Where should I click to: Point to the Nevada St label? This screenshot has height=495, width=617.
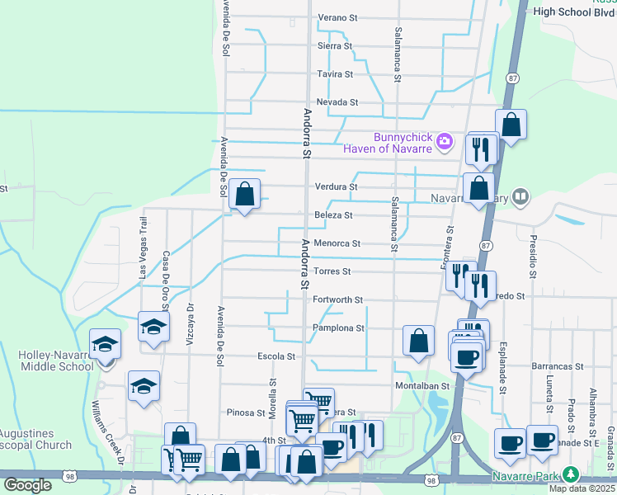(337, 102)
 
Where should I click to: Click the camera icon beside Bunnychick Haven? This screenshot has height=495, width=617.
(445, 142)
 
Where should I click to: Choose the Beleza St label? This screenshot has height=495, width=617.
(334, 215)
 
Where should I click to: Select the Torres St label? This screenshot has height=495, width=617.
(333, 271)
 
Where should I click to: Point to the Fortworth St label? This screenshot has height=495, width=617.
(338, 300)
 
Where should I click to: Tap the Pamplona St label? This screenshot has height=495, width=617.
(338, 328)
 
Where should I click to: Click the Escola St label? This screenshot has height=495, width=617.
(276, 356)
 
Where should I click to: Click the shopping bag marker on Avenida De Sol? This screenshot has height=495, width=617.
(244, 196)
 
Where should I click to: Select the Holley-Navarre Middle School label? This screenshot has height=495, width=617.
(55, 361)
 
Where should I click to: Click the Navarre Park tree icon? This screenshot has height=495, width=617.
(570, 475)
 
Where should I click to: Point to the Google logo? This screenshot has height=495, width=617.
(27, 485)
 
